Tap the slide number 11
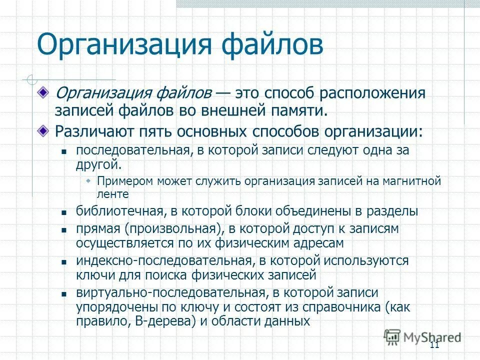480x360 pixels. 433,345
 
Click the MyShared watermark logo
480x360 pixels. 422,337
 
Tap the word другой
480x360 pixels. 98,163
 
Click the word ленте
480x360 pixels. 113,194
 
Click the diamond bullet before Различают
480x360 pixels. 44,130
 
